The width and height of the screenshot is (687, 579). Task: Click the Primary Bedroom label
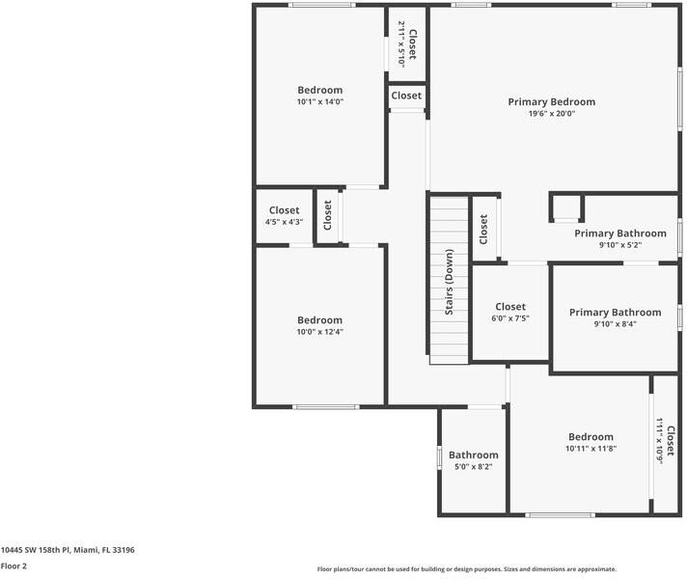pyautogui.click(x=551, y=101)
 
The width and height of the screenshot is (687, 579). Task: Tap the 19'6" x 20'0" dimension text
pyautogui.click(x=551, y=114)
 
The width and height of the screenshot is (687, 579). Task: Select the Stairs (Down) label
pyautogui.click(x=449, y=282)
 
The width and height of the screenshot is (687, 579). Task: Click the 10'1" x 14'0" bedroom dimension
pyautogui.click(x=319, y=101)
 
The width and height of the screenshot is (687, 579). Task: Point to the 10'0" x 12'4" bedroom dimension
pyautogui.click(x=319, y=332)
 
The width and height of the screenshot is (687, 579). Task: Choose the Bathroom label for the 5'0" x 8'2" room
pyautogui.click(x=473, y=455)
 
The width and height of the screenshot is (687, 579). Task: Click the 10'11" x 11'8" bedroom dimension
pyautogui.click(x=590, y=449)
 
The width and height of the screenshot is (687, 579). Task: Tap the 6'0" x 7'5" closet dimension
pyautogui.click(x=510, y=318)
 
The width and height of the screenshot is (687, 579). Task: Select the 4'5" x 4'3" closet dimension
pyautogui.click(x=284, y=222)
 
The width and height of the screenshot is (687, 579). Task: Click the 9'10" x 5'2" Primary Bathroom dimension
pyautogui.click(x=619, y=245)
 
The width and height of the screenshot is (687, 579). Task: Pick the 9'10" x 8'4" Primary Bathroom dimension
pyautogui.click(x=615, y=324)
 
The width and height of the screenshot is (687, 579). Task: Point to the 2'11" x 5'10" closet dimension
pyautogui.click(x=401, y=45)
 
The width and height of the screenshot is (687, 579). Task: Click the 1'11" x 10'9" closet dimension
pyautogui.click(x=660, y=441)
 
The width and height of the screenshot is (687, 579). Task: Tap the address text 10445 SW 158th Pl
pyautogui.click(x=68, y=549)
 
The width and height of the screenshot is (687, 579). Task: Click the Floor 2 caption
pyautogui.click(x=14, y=566)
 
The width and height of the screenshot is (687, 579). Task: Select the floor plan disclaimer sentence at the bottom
pyautogui.click(x=466, y=569)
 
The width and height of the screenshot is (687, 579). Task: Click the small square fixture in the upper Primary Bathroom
pyautogui.click(x=567, y=207)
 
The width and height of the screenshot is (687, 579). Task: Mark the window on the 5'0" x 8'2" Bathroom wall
pyautogui.click(x=439, y=455)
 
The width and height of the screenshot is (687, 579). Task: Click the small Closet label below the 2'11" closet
pyautogui.click(x=406, y=96)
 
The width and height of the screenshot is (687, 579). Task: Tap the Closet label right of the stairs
pyautogui.click(x=483, y=229)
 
